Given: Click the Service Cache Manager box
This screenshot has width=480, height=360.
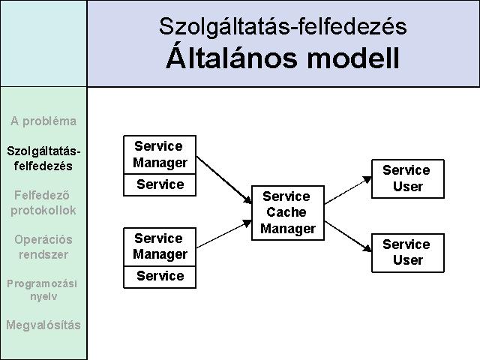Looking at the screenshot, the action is tap(288, 213).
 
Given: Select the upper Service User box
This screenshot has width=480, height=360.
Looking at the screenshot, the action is tap(408, 178).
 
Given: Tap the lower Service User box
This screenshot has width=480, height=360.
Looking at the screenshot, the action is tap(408, 253).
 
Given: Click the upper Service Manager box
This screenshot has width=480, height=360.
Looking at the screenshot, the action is tap(160, 155).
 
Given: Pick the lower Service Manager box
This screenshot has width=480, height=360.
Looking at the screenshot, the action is tap(160, 247).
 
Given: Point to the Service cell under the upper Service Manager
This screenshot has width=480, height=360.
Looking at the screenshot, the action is tap(160, 185).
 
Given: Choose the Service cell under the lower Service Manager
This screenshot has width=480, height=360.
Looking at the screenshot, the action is tap(160, 277).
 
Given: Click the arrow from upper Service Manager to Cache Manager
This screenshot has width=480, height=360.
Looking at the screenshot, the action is tap(224, 180).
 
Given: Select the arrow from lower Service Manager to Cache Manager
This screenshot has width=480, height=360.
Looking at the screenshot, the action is tap(224, 234).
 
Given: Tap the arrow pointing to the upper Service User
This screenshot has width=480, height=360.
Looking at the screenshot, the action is tap(348, 190).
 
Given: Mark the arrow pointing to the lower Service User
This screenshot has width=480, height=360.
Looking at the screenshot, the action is tap(348, 236).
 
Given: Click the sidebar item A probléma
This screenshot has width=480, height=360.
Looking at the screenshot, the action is tap(43, 121).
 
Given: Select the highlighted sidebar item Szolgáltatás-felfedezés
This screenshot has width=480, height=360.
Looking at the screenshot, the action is tap(43, 158).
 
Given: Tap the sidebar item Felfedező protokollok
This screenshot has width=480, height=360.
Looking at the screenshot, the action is tap(43, 202).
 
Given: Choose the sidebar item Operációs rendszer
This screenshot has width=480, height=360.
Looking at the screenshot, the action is tap(43, 247).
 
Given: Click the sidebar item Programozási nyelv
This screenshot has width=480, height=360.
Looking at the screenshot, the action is tap(42, 289).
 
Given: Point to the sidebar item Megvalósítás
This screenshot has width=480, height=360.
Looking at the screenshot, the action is tap(43, 325).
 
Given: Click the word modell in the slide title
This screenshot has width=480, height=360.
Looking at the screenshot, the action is tap(353, 58).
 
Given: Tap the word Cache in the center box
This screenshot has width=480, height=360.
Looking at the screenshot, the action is tap(286, 212).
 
